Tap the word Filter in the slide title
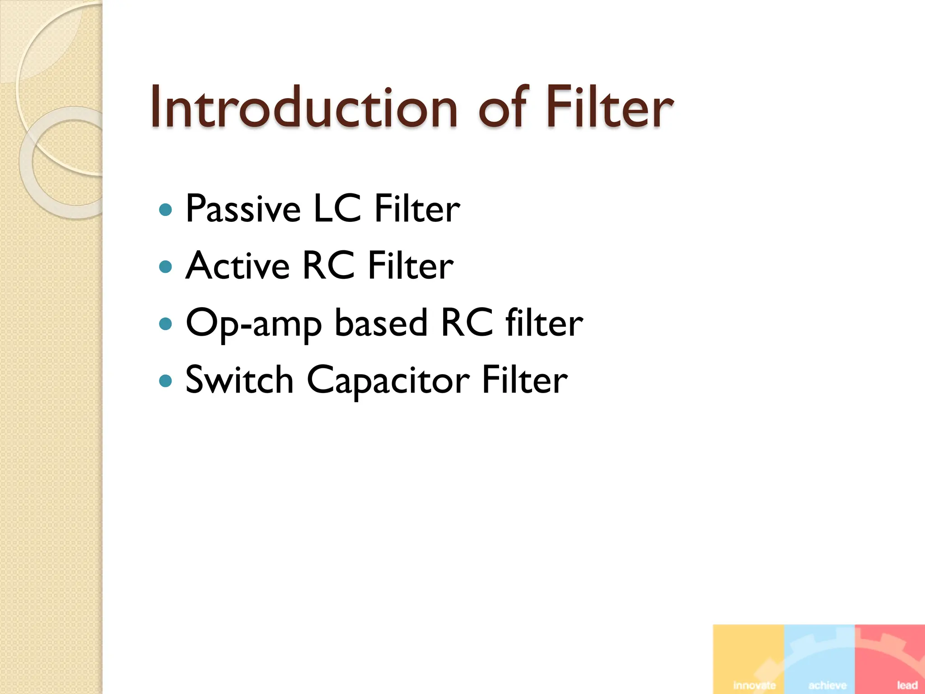[610, 108]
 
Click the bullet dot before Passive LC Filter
[166, 210]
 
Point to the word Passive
[243, 209]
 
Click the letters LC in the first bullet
[337, 209]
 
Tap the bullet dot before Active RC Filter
[166, 267]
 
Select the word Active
[238, 266]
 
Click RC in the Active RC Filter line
[328, 266]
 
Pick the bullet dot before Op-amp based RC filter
[166, 324]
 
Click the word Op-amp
[254, 324]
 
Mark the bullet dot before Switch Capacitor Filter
[166, 380]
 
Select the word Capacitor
[388, 380]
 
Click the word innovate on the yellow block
[754, 685]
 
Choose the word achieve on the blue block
[827, 685]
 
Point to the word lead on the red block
[907, 685]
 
